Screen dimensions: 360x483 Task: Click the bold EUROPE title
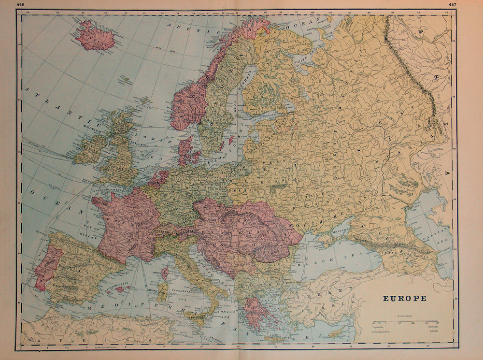pos(404,298)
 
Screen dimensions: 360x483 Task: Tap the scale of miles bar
pos(398,321)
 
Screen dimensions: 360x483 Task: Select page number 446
pos(20,4)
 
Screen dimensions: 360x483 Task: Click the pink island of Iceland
pos(95,37)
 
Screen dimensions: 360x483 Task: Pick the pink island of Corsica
pos(165,274)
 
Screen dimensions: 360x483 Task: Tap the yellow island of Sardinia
pos(163,292)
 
